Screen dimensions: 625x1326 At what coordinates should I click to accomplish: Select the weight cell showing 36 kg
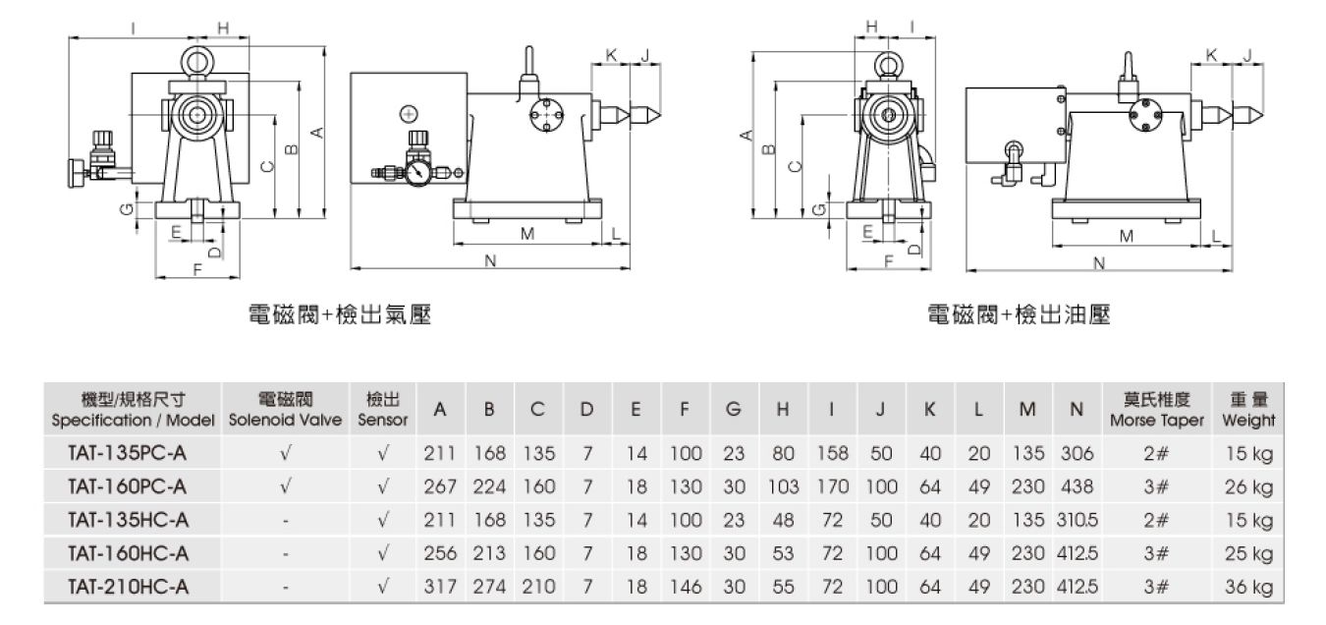coord(1248,587)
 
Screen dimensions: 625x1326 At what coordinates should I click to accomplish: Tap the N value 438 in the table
coord(1076,487)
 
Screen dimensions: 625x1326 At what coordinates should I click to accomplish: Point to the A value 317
coord(440,587)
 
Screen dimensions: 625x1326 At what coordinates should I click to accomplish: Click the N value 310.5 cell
coord(1076,521)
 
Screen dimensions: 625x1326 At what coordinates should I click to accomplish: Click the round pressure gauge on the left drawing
coord(417,170)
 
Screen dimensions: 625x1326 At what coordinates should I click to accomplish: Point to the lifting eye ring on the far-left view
coord(199,62)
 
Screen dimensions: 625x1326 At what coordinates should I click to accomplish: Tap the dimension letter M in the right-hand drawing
coord(1127,236)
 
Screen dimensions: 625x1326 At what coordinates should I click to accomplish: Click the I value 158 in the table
coord(830,454)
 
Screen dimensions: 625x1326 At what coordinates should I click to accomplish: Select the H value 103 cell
coord(783,487)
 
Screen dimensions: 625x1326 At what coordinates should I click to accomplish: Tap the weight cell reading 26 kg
coord(1248,487)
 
